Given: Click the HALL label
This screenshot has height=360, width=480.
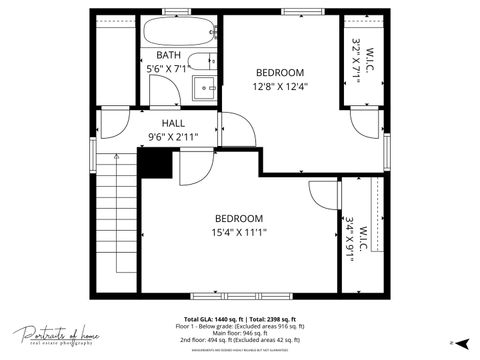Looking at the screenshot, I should (x=173, y=123).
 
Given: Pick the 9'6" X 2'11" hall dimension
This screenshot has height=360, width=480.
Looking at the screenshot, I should (x=173, y=137).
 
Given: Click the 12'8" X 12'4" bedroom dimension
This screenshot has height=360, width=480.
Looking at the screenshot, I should (x=280, y=86).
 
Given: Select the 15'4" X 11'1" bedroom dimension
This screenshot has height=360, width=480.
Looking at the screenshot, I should (x=239, y=232).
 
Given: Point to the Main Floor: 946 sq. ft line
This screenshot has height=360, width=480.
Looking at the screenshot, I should (x=240, y=333).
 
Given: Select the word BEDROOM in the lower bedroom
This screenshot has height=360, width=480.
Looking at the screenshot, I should (x=239, y=218).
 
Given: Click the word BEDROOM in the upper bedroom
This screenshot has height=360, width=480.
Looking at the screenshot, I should (x=280, y=72).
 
